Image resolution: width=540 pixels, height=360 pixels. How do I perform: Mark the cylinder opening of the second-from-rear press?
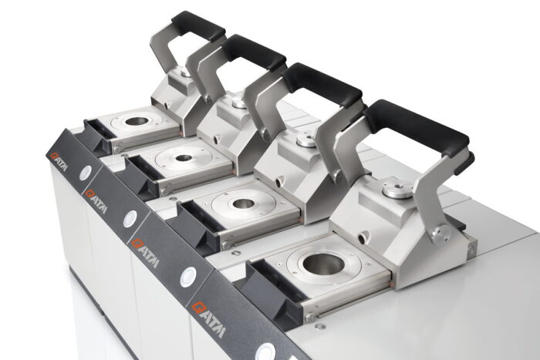(184, 158)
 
